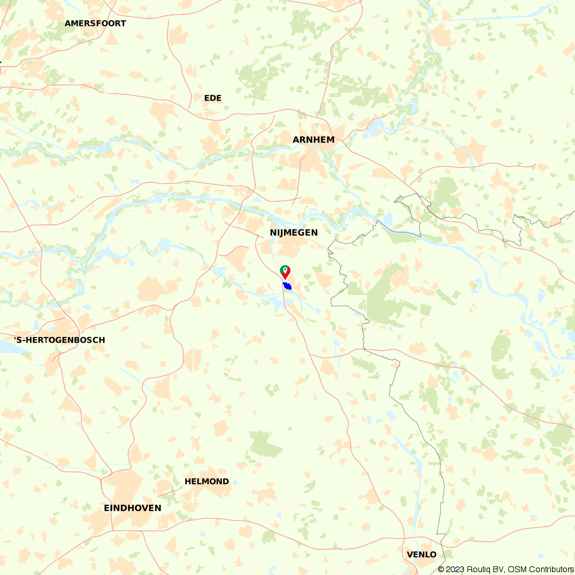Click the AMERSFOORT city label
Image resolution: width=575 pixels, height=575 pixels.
(95, 24)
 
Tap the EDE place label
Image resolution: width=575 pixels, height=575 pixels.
(213, 98)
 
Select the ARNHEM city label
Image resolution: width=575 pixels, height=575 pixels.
(313, 140)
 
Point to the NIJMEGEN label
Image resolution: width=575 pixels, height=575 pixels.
(293, 232)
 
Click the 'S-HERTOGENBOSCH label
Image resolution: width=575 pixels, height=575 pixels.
(60, 340)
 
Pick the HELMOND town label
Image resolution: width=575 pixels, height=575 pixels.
(206, 481)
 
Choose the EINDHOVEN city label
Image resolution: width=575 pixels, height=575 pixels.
(132, 508)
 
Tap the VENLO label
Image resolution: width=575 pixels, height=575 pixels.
(421, 554)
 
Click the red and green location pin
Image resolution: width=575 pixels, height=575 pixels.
(285, 271)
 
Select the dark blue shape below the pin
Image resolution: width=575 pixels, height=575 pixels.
(287, 286)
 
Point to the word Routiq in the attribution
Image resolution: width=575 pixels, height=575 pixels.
(479, 569)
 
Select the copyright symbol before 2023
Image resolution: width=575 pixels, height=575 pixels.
(441, 569)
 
